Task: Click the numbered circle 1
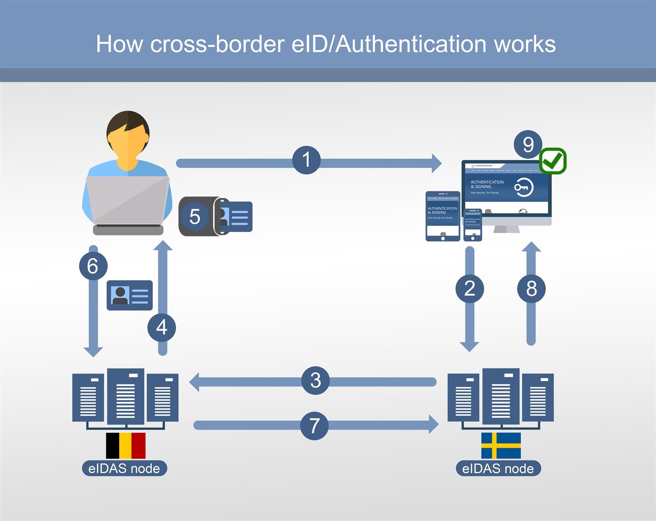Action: pyautogui.click(x=306, y=160)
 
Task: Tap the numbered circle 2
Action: pyautogui.click(x=470, y=289)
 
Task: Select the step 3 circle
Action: pyautogui.click(x=315, y=380)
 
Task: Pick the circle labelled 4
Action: pyautogui.click(x=162, y=327)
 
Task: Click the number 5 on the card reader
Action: pyautogui.click(x=195, y=217)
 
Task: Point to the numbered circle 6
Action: pyautogui.click(x=93, y=266)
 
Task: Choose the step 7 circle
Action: pyautogui.click(x=314, y=426)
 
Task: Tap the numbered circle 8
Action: pyautogui.click(x=531, y=289)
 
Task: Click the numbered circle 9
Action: pyautogui.click(x=528, y=144)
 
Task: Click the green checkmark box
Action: pyautogui.click(x=553, y=161)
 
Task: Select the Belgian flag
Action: pyautogui.click(x=126, y=446)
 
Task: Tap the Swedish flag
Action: pyautogui.click(x=501, y=446)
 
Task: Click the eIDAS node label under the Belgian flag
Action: pyautogui.click(x=124, y=468)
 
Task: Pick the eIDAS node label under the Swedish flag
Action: pyautogui.click(x=498, y=468)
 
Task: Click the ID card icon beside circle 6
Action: pyautogui.click(x=130, y=296)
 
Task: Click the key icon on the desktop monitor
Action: pyautogui.click(x=523, y=187)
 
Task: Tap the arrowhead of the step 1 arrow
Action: pyautogui.click(x=436, y=163)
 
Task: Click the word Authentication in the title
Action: pyautogui.click(x=412, y=44)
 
